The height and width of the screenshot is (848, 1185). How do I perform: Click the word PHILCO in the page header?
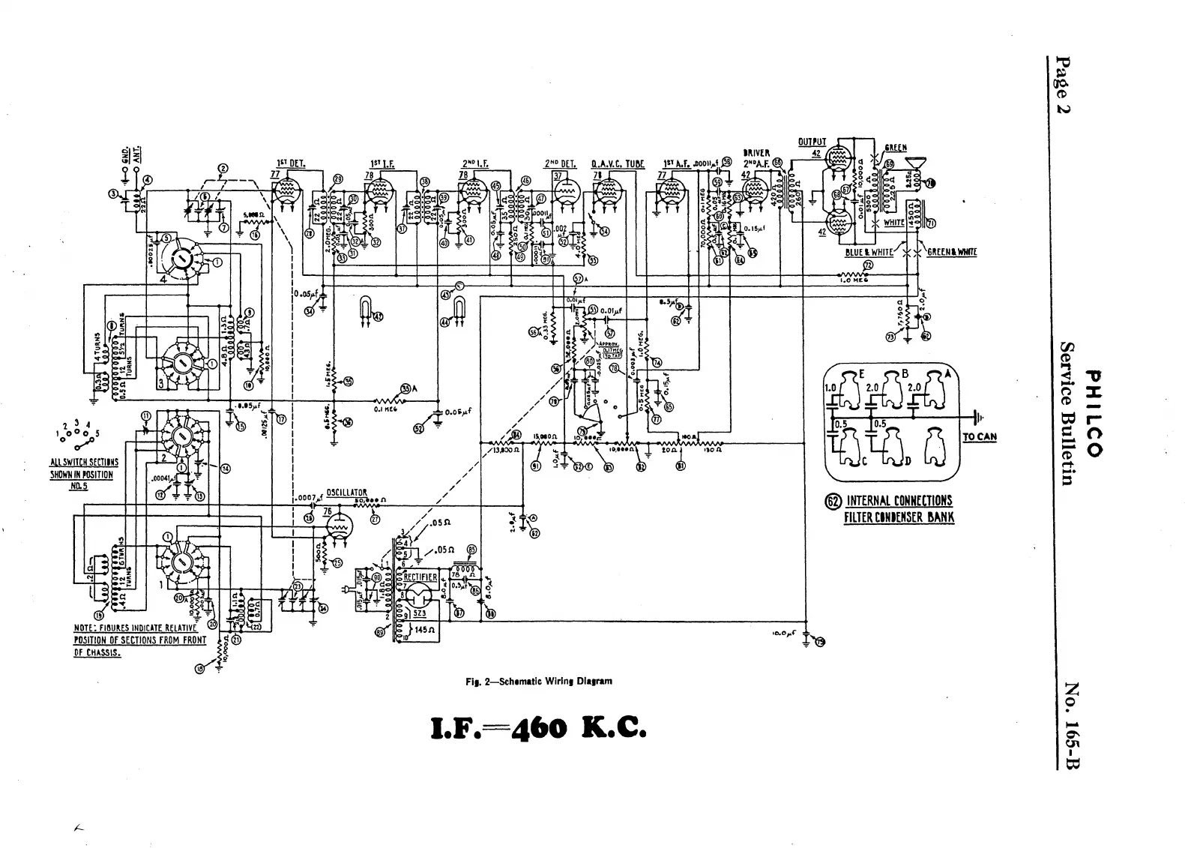click(1097, 413)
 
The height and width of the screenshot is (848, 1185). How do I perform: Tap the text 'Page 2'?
click(1063, 86)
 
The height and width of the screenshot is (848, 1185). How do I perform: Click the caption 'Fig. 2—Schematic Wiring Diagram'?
click(539, 682)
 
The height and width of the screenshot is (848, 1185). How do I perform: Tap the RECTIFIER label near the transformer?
click(419, 577)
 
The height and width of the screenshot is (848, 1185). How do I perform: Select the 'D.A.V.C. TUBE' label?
click(617, 163)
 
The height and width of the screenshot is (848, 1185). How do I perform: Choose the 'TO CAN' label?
click(979, 437)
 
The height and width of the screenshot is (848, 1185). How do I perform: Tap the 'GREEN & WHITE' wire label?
click(952, 252)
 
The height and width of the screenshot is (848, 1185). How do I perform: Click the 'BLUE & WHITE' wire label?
click(869, 252)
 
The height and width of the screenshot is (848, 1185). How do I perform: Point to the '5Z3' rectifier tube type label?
click(417, 613)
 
